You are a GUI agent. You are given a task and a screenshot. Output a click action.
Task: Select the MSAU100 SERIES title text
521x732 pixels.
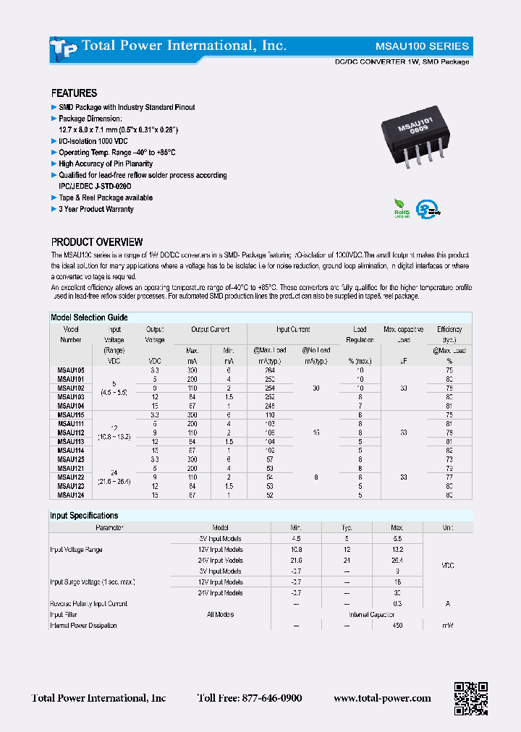431,46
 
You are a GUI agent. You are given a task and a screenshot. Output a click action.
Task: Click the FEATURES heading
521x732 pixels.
74,93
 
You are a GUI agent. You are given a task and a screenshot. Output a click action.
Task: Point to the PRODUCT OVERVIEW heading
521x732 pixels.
96,242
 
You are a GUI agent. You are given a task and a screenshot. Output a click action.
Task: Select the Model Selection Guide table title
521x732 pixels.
89,318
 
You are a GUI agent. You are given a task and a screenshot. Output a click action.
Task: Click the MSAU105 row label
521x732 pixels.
70,370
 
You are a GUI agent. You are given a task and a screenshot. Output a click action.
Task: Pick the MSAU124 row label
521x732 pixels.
70,495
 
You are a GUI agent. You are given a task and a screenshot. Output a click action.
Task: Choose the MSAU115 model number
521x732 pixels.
70,415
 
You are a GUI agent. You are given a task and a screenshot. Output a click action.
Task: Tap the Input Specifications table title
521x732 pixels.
84,516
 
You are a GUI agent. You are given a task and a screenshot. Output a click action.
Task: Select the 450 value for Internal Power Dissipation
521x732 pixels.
397,626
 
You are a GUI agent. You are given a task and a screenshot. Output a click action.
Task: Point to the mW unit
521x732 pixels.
448,626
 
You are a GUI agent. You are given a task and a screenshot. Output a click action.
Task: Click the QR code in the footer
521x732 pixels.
470,698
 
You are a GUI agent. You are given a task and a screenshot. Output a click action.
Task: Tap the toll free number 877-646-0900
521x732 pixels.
250,699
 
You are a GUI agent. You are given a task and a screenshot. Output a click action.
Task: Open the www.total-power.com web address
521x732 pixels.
382,699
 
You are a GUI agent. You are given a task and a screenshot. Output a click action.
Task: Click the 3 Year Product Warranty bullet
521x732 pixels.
96,209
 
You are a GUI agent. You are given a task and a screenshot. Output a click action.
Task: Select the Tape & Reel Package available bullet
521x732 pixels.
105,197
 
